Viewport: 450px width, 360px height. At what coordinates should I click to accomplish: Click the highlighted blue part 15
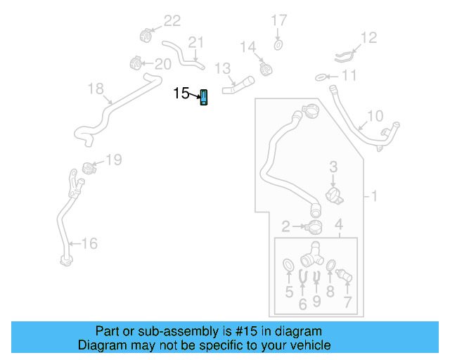[204, 98]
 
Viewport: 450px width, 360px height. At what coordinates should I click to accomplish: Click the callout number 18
[95, 88]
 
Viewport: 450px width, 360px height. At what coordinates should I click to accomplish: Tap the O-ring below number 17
[278, 46]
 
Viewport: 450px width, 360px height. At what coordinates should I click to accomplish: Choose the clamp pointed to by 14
[266, 68]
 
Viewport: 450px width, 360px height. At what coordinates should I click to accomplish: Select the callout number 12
[369, 37]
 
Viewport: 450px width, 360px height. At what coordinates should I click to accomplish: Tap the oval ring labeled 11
[319, 76]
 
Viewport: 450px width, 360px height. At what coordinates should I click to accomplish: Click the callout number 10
[375, 115]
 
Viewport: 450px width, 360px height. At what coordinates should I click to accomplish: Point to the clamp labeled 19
[89, 168]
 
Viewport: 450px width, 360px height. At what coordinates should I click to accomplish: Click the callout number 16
[89, 244]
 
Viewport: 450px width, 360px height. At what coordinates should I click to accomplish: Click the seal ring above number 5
[288, 265]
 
